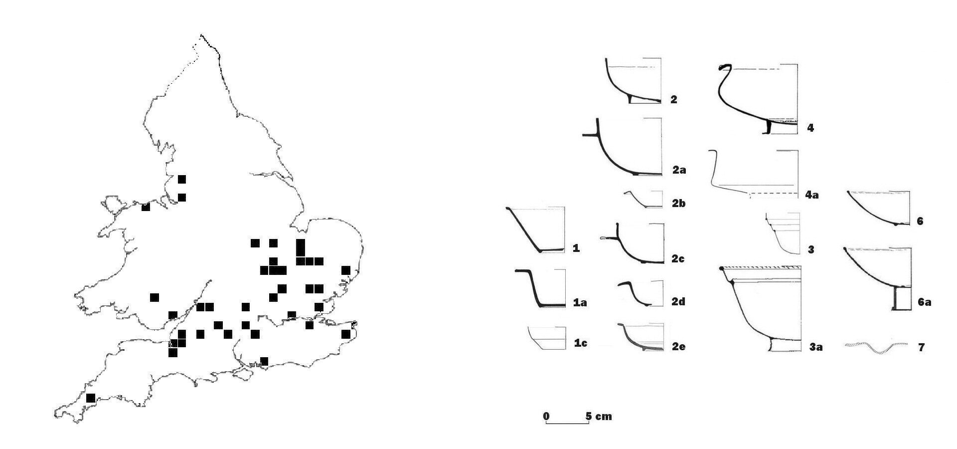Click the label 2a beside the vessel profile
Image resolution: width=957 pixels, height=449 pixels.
[679, 170]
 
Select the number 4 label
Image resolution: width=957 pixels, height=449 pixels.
[810, 128]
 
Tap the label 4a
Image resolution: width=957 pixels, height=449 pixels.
[812, 195]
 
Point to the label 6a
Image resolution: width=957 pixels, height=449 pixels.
[924, 302]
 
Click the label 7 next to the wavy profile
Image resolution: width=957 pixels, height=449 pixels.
[921, 347]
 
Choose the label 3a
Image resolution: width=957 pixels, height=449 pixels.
[816, 347]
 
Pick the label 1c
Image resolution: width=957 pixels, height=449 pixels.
[580, 343]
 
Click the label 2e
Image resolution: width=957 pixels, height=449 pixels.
[678, 347]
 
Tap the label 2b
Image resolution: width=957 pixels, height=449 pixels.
[679, 204]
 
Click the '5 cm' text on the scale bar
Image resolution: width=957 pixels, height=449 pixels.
[599, 416]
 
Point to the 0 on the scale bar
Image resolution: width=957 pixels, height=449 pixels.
[546, 416]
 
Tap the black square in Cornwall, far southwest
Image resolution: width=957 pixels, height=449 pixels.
[91, 398]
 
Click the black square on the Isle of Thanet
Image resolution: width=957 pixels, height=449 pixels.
[346, 334]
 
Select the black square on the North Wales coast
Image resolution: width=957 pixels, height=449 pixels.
[146, 207]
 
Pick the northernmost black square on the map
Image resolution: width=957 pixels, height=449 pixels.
[182, 179]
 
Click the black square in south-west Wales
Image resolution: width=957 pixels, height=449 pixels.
[155, 297]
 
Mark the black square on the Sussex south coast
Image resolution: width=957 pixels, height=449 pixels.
[264, 361]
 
